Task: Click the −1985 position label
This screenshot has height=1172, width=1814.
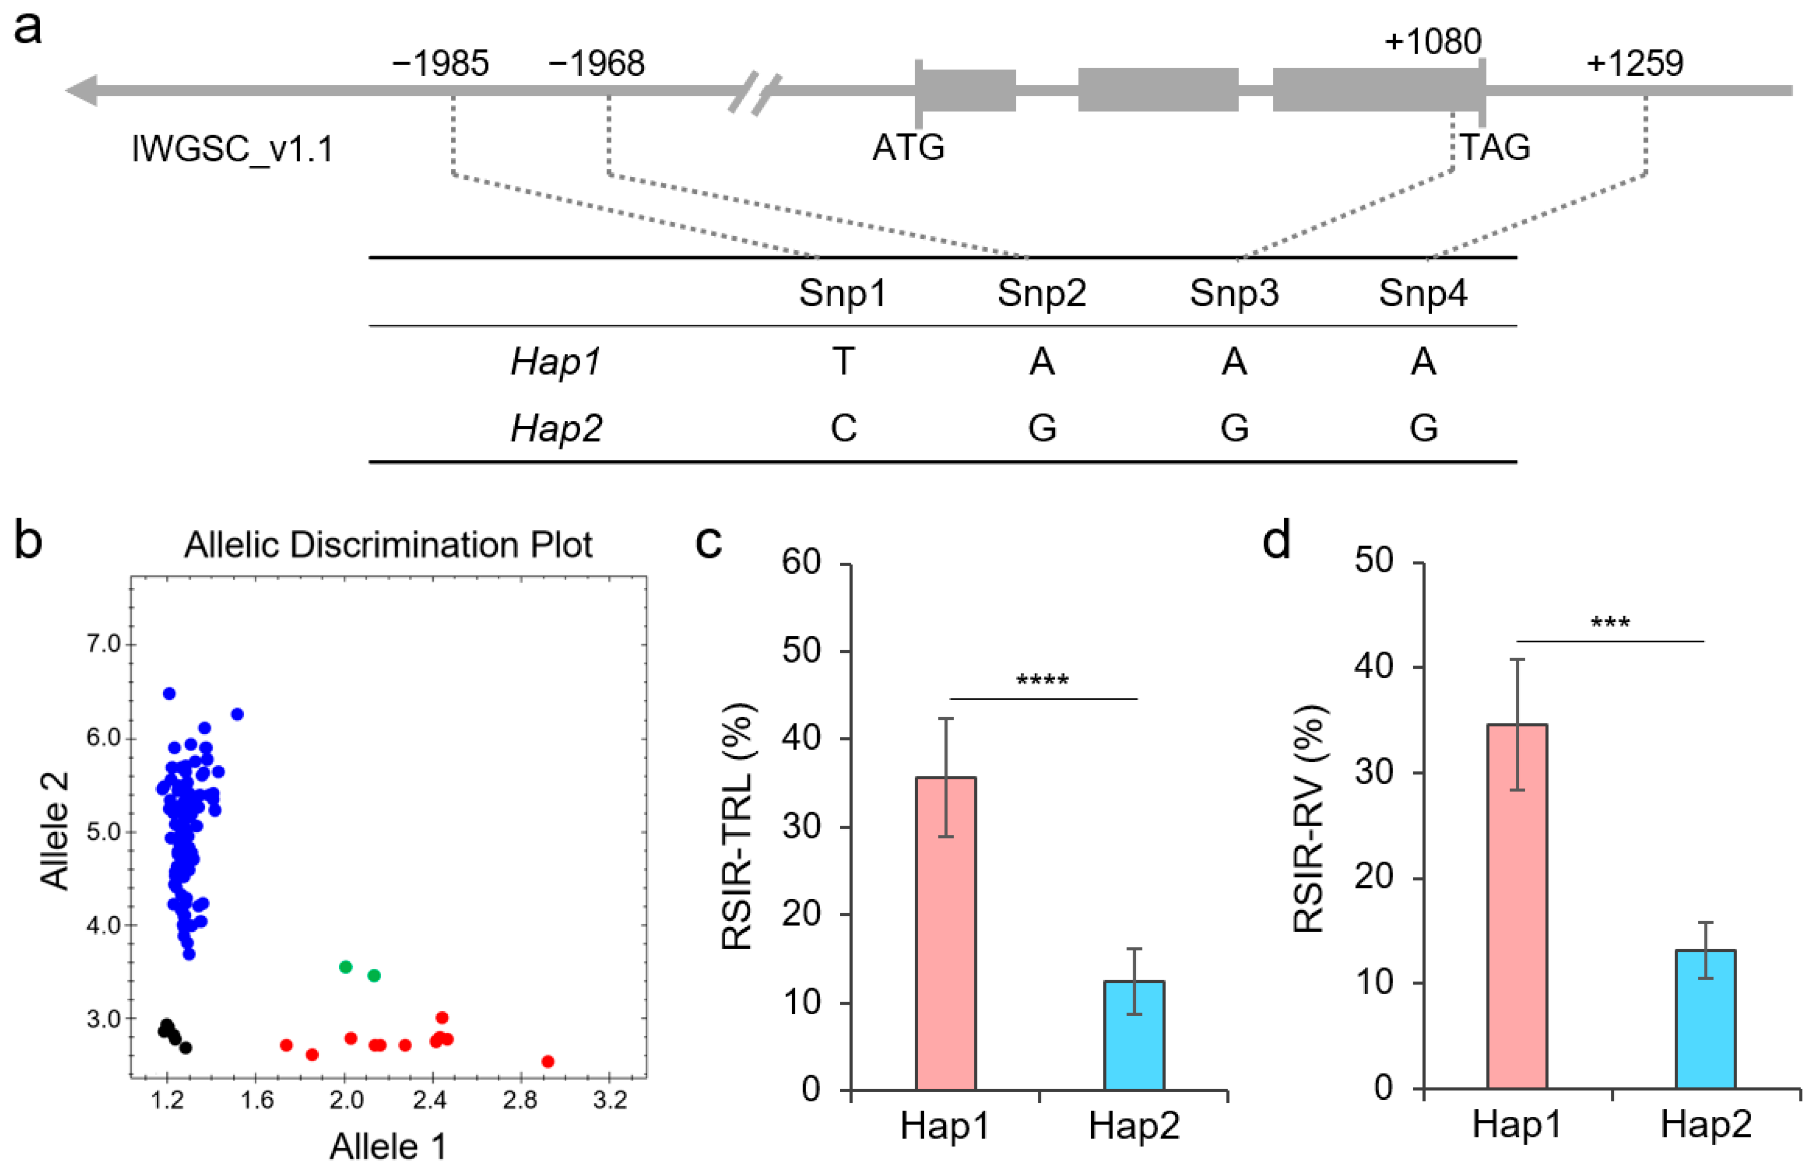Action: click(440, 63)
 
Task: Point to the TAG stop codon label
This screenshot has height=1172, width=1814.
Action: click(1494, 147)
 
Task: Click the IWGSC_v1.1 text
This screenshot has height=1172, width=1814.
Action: click(232, 148)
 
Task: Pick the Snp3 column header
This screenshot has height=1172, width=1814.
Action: click(1233, 293)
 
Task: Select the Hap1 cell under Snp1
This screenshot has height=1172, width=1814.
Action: click(843, 361)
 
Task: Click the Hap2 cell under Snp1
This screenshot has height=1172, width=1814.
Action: click(843, 427)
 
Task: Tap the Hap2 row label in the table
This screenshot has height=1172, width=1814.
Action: click(555, 427)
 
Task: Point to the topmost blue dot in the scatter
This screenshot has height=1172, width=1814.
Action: click(169, 694)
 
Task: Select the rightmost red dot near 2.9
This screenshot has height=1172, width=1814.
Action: click(547, 1062)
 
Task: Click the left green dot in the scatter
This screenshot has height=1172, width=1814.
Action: click(346, 966)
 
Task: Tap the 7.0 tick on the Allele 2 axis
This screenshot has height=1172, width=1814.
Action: click(104, 644)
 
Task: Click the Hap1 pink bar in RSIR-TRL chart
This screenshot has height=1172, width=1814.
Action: click(945, 934)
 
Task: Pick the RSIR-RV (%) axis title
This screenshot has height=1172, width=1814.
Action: click(1309, 819)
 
